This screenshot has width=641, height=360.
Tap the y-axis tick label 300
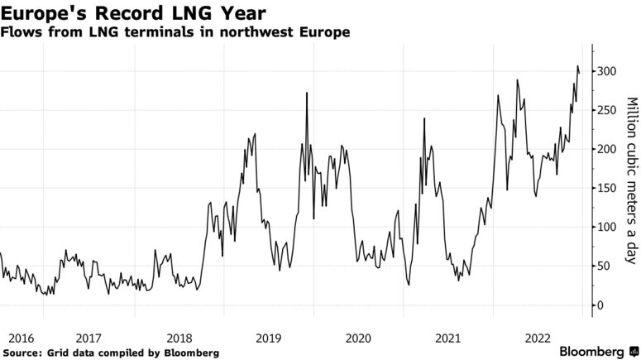click(x=608, y=71)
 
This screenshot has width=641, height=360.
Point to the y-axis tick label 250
click(x=608, y=110)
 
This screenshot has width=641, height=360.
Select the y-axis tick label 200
click(x=608, y=149)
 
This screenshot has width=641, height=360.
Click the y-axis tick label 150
click(x=608, y=188)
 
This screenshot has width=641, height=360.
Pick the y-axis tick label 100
click(x=608, y=227)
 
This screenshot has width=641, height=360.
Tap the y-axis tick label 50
click(x=605, y=266)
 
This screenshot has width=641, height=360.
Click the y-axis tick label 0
click(x=601, y=305)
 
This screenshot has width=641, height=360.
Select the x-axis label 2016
click(x=20, y=338)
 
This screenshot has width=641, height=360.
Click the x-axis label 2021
click(x=447, y=338)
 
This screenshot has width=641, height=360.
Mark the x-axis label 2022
click(x=538, y=338)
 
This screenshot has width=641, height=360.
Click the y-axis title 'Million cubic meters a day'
click(x=630, y=180)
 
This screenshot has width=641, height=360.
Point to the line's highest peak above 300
click(x=576, y=66)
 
